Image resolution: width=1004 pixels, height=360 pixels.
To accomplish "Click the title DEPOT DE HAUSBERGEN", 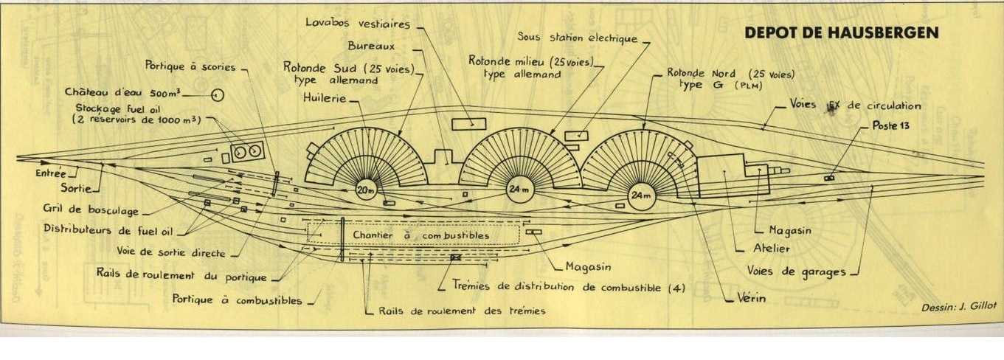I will point(842,33).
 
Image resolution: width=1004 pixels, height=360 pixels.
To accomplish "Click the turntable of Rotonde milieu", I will point(517,189).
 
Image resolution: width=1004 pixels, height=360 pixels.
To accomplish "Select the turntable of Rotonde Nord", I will point(641,195).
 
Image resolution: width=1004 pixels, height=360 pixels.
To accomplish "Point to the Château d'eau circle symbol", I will point(217,94).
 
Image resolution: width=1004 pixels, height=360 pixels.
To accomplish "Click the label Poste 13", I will point(891,125).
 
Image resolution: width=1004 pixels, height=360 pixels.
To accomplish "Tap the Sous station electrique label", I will point(577,37).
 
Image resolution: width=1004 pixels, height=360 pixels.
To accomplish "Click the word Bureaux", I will point(373,46).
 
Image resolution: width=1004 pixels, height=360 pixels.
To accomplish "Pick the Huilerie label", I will point(323,97).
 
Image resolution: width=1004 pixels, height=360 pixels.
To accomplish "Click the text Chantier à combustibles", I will point(420,235).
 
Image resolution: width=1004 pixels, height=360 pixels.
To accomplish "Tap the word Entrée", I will point(50,173).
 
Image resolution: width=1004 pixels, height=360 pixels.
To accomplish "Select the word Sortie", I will point(76,188).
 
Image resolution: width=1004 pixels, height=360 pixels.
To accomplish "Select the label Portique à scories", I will point(190,66).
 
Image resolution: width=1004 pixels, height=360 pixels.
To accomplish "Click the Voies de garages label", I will point(797,271).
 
